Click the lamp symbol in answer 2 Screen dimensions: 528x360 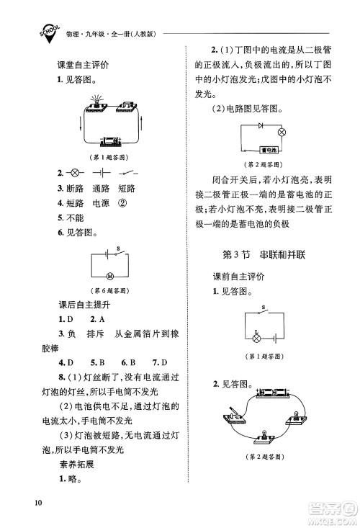tap(74, 174)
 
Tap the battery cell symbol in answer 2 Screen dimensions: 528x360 tap(102, 174)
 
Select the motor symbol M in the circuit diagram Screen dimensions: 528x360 tap(110, 276)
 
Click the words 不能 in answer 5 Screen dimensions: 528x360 tap(75, 218)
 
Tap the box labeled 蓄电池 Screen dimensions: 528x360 tap(271, 151)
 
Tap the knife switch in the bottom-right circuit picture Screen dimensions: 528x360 tap(232, 418)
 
